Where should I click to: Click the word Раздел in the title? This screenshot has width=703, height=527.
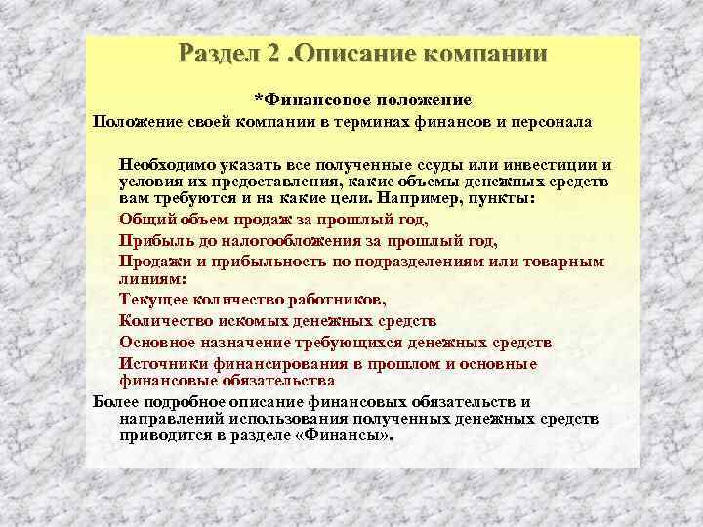tap(217, 54)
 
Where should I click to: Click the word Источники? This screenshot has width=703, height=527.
tap(161, 363)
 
